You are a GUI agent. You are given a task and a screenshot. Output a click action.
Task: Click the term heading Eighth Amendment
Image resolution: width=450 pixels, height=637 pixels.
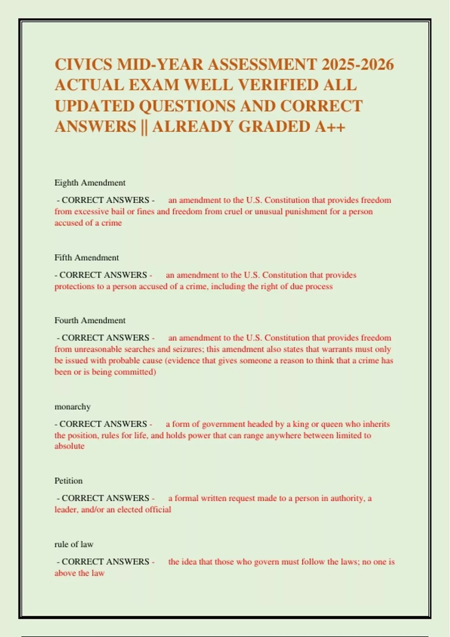90,183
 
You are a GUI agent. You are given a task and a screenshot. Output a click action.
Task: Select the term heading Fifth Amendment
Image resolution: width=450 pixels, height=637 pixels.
87,258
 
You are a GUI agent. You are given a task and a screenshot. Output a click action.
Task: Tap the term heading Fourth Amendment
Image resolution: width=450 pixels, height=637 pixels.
90,320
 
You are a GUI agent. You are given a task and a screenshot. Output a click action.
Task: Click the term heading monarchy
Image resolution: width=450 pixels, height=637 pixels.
72,407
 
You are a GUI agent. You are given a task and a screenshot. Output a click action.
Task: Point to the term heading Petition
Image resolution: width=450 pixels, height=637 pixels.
68,481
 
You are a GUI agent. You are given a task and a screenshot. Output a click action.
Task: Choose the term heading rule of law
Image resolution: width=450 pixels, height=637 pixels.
73,544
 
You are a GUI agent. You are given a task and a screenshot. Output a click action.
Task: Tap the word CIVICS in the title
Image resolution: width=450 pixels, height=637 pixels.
83,64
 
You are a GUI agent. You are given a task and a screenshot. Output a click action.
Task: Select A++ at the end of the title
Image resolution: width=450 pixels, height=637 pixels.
330,126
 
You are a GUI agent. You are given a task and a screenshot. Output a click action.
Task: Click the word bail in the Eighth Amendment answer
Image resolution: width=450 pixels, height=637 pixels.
117,212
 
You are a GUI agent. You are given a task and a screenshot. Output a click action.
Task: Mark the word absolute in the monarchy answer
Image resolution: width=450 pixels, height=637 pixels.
69,446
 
